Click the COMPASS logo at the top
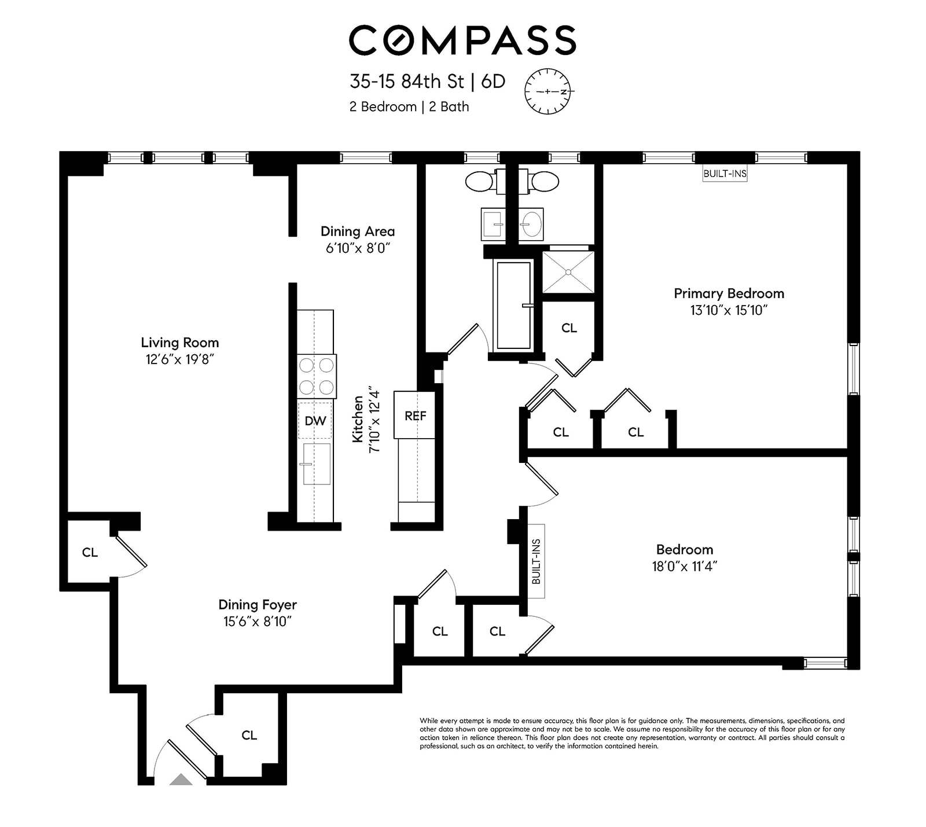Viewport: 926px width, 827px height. pos(462,40)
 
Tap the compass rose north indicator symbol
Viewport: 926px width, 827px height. pos(547,91)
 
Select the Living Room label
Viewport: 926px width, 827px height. pos(180,343)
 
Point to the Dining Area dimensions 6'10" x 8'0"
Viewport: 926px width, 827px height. pos(358,248)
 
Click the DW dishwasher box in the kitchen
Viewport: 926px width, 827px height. pos(315,421)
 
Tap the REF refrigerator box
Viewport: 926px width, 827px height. pos(415,416)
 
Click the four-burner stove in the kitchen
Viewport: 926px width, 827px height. pos(317,376)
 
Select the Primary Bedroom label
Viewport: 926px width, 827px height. pos(729,293)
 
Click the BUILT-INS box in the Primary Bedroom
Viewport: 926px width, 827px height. pos(725,174)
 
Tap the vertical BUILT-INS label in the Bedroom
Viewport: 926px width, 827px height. pos(536,561)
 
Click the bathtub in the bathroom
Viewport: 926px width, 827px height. pos(514,305)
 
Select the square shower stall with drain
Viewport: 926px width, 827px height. pos(568,272)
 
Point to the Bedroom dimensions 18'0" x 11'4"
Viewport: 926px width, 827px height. pos(685,567)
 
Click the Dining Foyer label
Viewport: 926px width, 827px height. pos(258,605)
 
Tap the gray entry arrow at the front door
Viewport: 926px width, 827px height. pos(181,780)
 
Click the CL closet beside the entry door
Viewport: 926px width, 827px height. pos(249,735)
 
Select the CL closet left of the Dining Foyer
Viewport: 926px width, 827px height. pos(90,553)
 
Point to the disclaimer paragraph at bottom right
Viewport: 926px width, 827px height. pos(632,733)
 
